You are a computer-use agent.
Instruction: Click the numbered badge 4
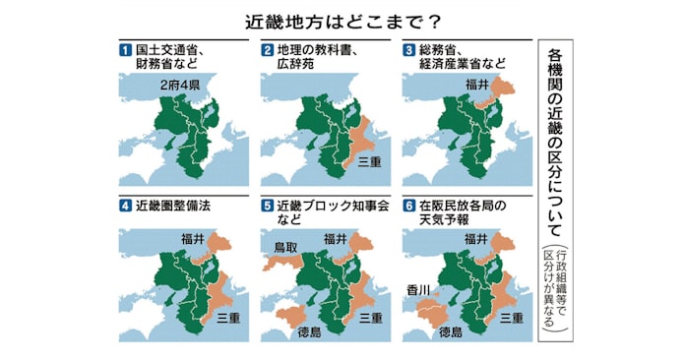click(x=125, y=207)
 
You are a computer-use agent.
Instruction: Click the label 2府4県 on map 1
click(x=181, y=87)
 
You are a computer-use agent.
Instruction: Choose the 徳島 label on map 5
click(x=312, y=332)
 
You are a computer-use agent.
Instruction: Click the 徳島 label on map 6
click(x=450, y=332)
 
